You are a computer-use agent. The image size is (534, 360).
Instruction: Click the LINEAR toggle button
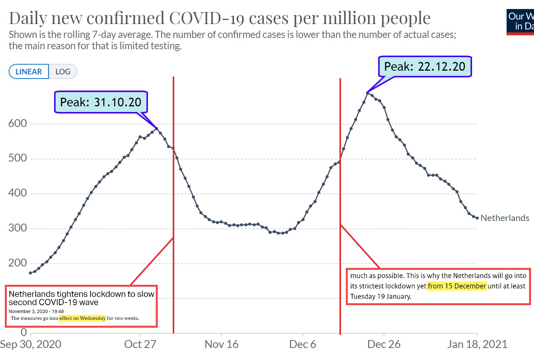29,72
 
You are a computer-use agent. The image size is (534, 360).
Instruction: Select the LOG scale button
63,72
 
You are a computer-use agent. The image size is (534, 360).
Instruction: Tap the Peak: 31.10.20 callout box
101,102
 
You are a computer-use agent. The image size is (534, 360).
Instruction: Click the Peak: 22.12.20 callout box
424,67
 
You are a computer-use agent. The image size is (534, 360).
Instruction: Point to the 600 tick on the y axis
18,123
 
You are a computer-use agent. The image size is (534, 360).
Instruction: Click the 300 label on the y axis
18,228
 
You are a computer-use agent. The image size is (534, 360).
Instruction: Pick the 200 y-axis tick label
18,263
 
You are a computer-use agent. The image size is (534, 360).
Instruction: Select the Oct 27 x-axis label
140,344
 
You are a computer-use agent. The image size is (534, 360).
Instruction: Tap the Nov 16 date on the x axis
221,344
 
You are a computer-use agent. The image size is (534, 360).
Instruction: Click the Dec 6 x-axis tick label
302,344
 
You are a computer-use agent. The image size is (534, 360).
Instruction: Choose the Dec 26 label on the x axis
384,344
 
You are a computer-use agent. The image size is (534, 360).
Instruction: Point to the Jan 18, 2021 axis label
477,344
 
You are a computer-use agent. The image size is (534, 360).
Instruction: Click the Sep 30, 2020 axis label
31,344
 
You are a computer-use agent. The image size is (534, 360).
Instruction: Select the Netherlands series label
505,218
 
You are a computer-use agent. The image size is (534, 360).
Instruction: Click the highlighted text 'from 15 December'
457,286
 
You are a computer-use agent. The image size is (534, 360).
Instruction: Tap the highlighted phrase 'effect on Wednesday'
82,318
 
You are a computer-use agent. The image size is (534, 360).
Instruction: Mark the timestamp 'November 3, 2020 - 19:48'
36,312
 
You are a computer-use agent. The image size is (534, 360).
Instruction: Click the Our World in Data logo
520,22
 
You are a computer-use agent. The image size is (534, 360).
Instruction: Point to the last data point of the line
477,218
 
